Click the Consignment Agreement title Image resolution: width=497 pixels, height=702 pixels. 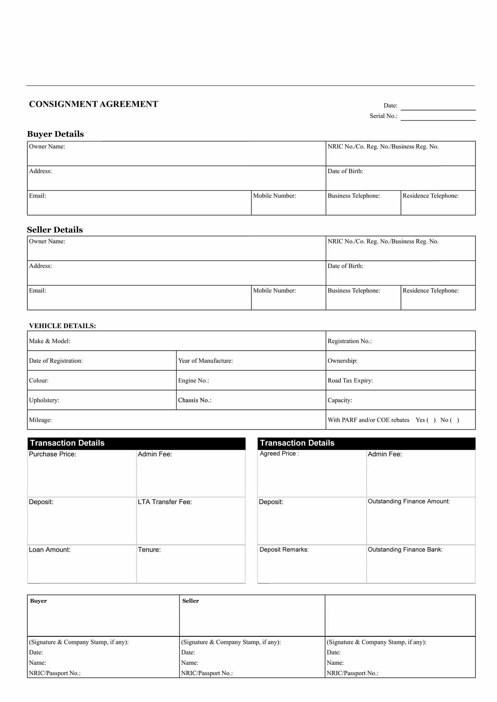coord(93,104)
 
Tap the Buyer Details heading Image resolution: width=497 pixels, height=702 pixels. coord(55,134)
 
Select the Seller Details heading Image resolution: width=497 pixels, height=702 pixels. coord(55,230)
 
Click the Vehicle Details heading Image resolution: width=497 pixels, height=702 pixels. coord(62,326)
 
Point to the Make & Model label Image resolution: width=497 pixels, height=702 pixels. coord(50,341)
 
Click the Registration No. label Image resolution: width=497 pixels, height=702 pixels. coord(349,341)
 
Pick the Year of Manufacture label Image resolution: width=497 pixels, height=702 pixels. coord(205,361)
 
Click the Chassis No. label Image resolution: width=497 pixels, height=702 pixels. coord(195,400)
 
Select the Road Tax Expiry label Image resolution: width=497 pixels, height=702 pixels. coord(350,381)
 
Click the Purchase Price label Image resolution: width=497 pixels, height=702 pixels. coord(52,454)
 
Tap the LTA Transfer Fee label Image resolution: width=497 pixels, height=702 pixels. coord(165,502)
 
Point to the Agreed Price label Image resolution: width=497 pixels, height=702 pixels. coord(279,454)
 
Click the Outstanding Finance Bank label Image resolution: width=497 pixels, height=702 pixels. coord(405,550)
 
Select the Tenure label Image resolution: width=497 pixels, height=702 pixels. coord(149,550)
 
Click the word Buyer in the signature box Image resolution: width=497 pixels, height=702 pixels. coord(39,601)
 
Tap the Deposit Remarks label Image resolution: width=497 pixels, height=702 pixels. coord(284,550)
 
